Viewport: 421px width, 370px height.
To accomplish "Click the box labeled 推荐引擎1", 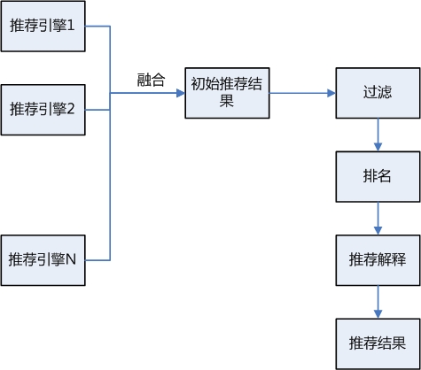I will [x=43, y=27].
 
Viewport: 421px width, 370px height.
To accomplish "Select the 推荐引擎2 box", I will [x=43, y=110].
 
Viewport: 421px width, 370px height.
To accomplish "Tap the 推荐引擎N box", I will [x=43, y=260].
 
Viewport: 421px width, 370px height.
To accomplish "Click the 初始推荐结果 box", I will [x=226, y=92].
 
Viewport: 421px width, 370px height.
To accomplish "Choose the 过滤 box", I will [x=378, y=92].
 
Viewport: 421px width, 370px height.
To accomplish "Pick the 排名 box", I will [x=378, y=176].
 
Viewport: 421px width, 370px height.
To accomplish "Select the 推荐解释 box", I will [x=378, y=259].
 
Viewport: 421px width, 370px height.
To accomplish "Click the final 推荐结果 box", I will [x=378, y=343].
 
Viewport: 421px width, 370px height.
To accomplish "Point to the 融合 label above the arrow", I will [x=151, y=80].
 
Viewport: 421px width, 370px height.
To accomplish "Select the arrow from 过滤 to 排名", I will [x=378, y=135].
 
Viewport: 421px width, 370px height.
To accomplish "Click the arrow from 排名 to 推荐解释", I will [x=378, y=218].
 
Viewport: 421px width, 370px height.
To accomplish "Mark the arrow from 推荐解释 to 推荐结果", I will [x=378, y=302].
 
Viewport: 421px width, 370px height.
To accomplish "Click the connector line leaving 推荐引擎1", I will [x=97, y=27].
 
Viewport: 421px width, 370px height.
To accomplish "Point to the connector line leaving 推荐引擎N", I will [x=97, y=260].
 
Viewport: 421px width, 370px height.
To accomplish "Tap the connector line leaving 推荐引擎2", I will [x=97, y=110].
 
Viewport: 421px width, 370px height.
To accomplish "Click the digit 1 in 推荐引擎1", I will [x=70, y=27].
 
